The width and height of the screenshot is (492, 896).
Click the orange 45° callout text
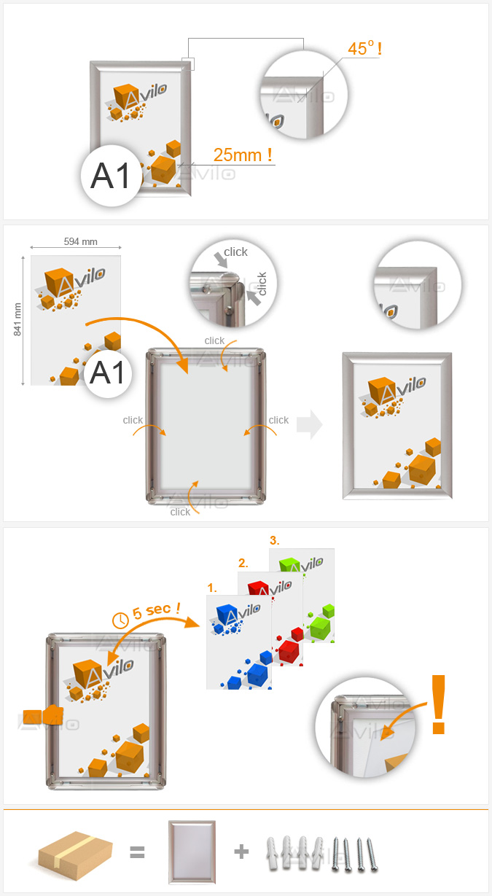tap(364, 48)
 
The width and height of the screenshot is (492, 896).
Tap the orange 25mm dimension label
tap(243, 155)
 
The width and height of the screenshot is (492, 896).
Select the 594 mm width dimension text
tap(80, 241)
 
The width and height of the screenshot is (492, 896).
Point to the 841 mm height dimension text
tap(17, 319)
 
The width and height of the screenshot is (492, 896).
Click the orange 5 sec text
tap(156, 611)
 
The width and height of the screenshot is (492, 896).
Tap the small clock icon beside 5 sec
tap(120, 620)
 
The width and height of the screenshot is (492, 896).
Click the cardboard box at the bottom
tap(75, 856)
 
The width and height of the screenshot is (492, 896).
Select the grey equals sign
tap(137, 852)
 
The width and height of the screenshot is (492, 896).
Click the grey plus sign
tap(241, 852)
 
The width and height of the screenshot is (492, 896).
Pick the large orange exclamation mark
tap(438, 704)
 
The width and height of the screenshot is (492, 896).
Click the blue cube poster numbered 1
tap(239, 642)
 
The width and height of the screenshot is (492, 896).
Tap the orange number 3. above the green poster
tap(274, 540)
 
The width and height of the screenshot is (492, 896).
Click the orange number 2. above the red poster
tap(243, 564)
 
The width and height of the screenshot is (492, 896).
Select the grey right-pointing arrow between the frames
tap(310, 424)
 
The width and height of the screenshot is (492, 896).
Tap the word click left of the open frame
tap(133, 420)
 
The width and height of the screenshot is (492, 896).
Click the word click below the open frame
tap(180, 512)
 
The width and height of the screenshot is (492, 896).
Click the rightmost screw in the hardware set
tap(372, 854)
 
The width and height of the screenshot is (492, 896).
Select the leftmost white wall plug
tap(272, 853)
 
